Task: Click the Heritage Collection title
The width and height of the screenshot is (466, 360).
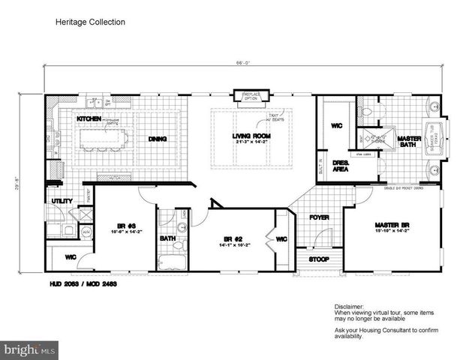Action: (89, 22)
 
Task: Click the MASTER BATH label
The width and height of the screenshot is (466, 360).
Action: (409, 141)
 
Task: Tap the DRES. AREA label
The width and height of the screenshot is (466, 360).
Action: (339, 166)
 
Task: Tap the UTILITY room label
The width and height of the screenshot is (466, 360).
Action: (61, 201)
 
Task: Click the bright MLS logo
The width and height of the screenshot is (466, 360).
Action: (29, 349)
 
